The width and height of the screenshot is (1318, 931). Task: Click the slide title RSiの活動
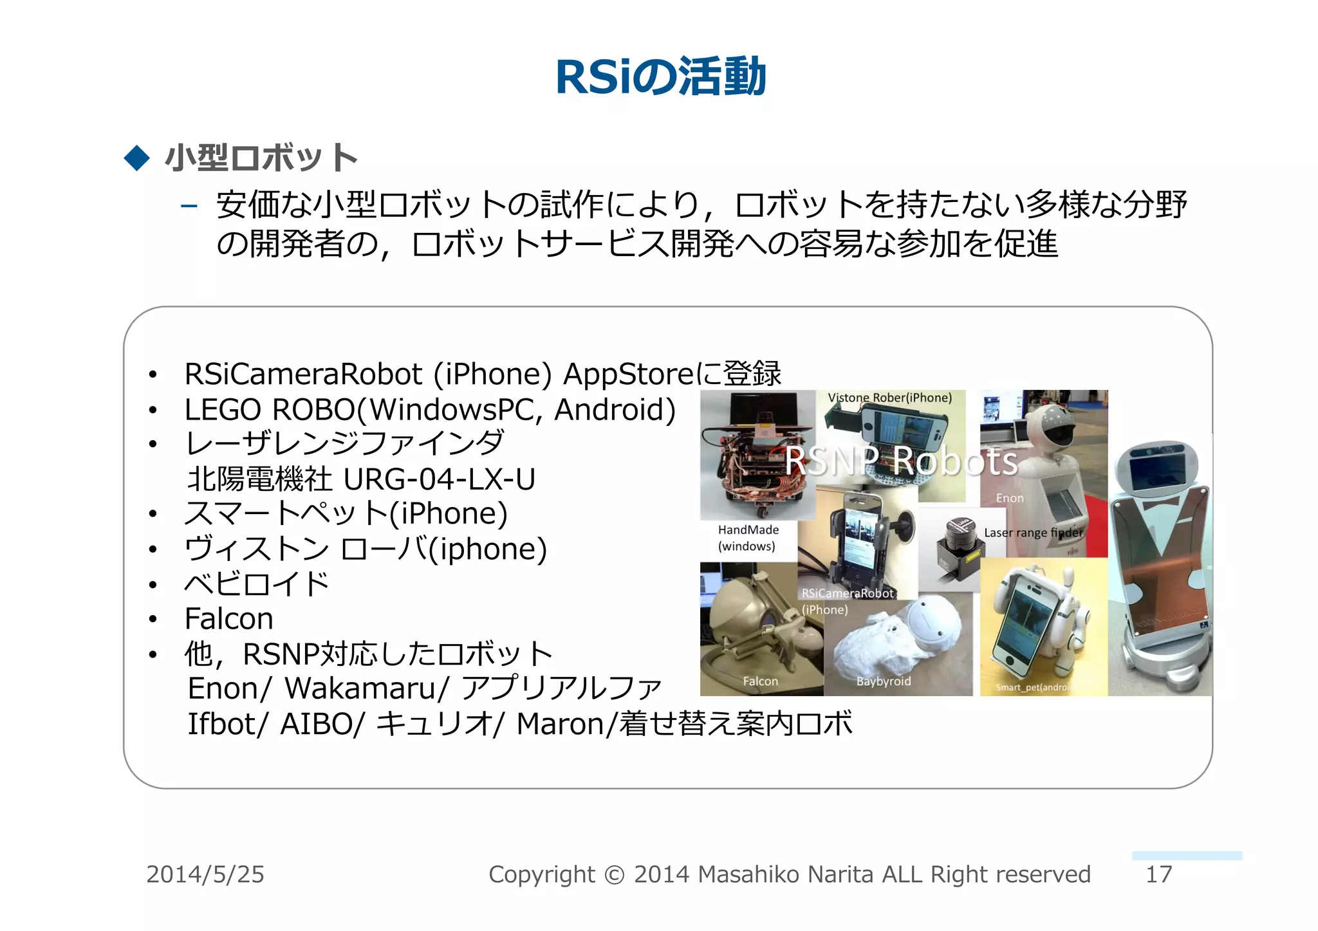660,77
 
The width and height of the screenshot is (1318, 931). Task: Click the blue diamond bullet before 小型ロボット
136,158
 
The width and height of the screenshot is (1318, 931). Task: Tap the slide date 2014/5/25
205,874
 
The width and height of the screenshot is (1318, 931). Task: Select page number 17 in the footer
1158,874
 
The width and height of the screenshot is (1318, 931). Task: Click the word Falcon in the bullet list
228,619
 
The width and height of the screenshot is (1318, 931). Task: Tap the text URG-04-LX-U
439,479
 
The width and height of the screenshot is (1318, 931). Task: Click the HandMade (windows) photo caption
748,538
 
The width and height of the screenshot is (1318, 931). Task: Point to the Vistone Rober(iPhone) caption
889,398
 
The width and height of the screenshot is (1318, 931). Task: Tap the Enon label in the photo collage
1009,498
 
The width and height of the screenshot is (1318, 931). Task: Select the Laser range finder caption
1033,533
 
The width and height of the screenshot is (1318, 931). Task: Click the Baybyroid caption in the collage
883,681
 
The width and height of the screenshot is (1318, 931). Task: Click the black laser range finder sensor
958,547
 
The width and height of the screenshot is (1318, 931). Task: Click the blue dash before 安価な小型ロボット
189,206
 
